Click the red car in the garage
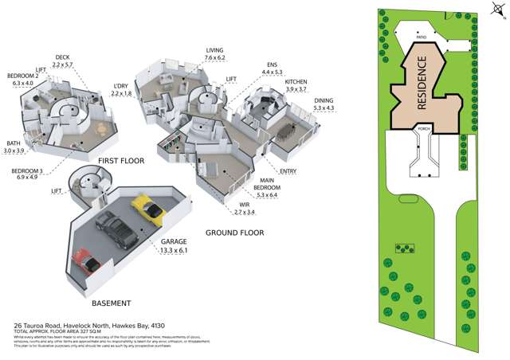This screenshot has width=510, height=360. pyautogui.click(x=84, y=259)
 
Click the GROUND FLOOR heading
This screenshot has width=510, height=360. pyautogui.click(x=234, y=233)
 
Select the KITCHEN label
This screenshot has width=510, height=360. pyautogui.click(x=296, y=82)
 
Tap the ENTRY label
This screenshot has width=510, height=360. pyautogui.click(x=288, y=171)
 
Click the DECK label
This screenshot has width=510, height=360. pyautogui.click(x=63, y=57)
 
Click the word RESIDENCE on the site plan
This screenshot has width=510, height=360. pyautogui.click(x=423, y=84)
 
